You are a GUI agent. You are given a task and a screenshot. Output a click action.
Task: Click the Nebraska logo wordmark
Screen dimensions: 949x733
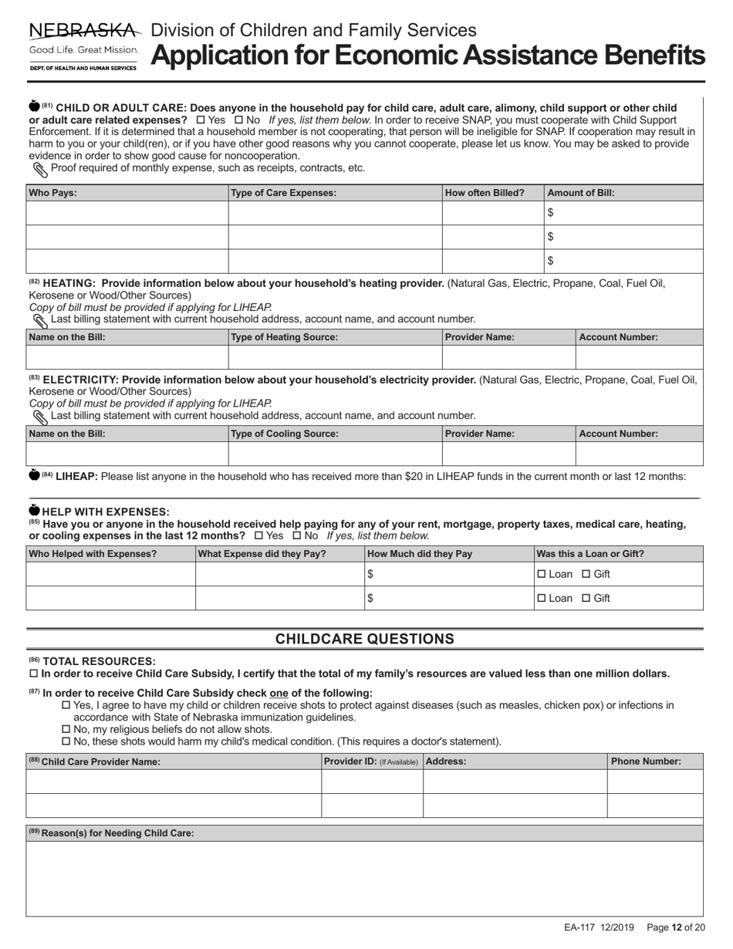84,31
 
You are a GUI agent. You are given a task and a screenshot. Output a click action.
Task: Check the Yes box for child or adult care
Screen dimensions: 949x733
201,120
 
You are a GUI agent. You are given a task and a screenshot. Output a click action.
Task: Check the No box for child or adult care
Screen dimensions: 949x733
238,120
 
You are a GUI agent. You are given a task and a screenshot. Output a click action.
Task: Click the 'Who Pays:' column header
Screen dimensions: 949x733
52,193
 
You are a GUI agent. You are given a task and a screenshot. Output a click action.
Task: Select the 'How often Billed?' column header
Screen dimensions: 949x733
485,193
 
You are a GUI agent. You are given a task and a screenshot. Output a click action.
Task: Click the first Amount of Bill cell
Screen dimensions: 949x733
624,213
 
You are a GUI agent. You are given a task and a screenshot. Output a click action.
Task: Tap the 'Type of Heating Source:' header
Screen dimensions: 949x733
284,337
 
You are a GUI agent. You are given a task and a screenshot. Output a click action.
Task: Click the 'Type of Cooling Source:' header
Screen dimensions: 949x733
284,434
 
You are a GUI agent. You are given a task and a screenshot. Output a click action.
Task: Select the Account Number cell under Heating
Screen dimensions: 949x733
639,357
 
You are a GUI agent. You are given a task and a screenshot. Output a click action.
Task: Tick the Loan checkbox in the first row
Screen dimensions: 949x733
541,574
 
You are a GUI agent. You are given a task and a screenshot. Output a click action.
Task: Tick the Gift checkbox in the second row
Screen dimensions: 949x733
586,598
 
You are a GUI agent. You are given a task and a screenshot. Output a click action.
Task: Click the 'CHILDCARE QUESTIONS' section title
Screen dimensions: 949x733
365,639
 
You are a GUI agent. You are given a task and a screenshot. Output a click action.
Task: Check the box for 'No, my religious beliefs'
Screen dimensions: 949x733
66,729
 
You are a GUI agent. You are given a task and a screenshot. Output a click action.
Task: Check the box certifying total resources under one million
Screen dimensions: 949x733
32,674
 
